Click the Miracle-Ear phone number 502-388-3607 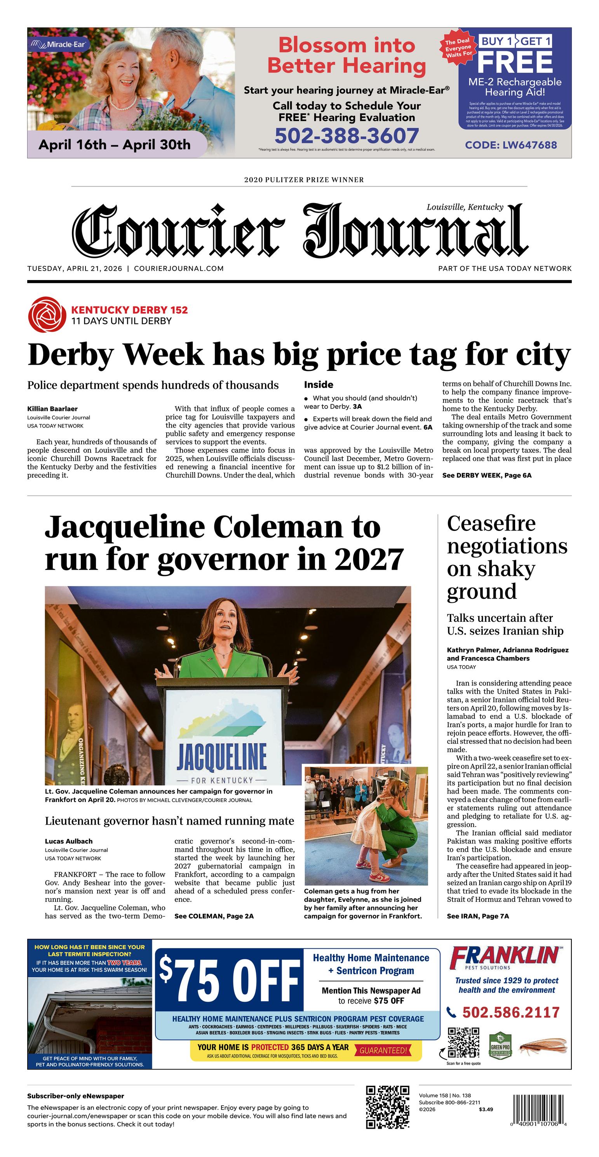click(347, 136)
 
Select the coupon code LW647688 click(511, 145)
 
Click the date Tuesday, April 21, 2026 click(75, 269)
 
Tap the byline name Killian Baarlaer click(52, 409)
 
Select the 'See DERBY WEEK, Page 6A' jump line click(487, 475)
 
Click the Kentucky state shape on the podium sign click(223, 718)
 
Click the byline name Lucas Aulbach click(68, 841)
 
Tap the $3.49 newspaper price click(486, 1109)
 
